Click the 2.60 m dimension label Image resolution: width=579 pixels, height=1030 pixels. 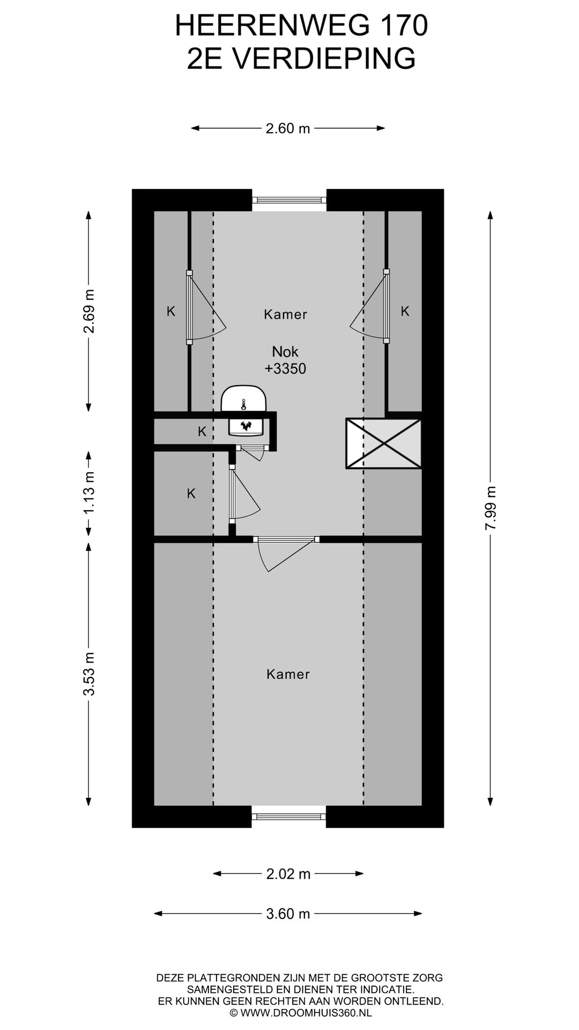click(x=288, y=128)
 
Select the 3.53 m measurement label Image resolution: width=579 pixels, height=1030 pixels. click(x=88, y=674)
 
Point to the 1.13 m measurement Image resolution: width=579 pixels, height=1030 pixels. click(x=88, y=492)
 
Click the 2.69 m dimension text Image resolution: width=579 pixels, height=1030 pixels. click(x=88, y=311)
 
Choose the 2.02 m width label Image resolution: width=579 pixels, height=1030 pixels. click(x=288, y=874)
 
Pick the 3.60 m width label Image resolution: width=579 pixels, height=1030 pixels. click(x=288, y=914)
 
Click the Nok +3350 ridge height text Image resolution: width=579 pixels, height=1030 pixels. click(x=285, y=360)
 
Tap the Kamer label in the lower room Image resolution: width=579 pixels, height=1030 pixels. click(x=288, y=674)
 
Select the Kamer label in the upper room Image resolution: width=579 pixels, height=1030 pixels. click(x=285, y=314)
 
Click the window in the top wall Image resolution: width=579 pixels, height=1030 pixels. click(x=289, y=200)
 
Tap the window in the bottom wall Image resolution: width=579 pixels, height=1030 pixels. click(x=289, y=816)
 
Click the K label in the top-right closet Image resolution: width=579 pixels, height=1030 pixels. click(x=405, y=311)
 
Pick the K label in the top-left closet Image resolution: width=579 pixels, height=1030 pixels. click(x=171, y=311)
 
